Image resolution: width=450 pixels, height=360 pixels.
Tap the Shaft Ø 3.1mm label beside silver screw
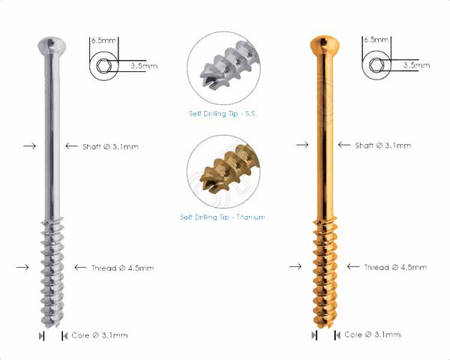pyautogui.click(x=100, y=145)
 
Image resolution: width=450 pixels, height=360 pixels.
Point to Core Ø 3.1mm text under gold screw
pyautogui.click(x=372, y=334)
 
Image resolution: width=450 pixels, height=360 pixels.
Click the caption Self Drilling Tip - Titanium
pyautogui.click(x=223, y=217)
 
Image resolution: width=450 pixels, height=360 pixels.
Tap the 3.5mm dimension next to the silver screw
pyautogui.click(x=143, y=65)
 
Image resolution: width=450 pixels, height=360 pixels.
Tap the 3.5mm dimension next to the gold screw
pyautogui.click(x=416, y=65)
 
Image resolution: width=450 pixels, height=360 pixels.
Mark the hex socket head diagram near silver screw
pyautogui.click(x=100, y=65)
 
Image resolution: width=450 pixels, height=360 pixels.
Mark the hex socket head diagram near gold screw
pyautogui.click(x=373, y=65)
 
